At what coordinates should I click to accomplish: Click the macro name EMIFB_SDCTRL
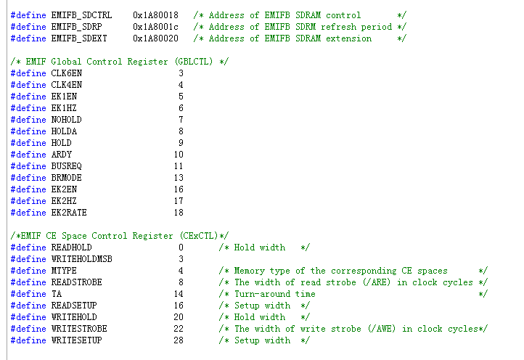(x=81, y=15)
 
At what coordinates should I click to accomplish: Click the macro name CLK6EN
(x=66, y=73)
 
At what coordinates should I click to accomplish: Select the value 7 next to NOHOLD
(x=181, y=120)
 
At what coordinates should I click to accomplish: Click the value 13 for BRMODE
(x=179, y=178)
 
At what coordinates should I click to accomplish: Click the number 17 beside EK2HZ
(x=179, y=201)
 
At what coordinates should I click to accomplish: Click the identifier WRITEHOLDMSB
(x=81, y=259)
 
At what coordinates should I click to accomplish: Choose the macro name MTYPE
(x=63, y=271)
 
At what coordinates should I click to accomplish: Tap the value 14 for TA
(x=179, y=294)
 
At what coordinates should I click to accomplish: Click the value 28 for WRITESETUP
(x=179, y=340)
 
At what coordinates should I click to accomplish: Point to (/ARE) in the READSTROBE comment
(x=369, y=282)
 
